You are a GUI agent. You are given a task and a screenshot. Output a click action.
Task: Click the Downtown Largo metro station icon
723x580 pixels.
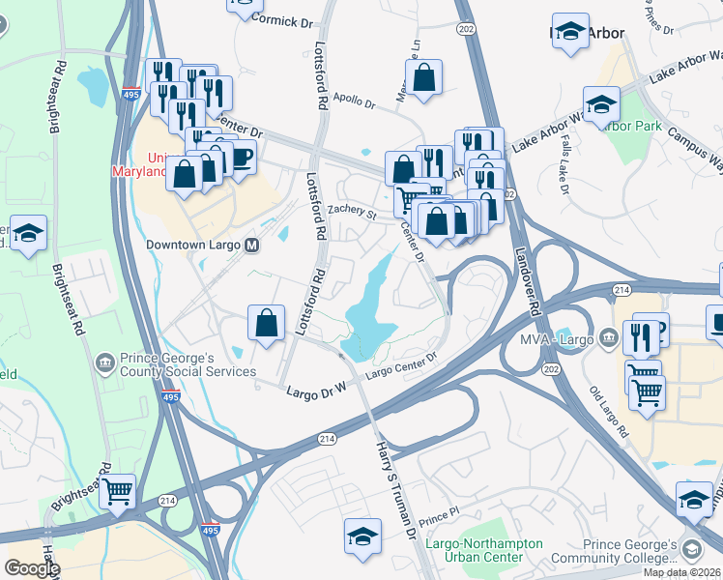252,245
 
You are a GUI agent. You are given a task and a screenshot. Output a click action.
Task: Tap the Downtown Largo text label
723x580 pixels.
194,245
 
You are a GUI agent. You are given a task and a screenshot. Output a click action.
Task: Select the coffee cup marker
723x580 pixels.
240,158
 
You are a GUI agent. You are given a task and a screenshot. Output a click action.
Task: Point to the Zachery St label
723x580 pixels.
350,211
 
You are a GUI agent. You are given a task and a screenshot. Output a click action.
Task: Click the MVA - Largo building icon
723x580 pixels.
607,338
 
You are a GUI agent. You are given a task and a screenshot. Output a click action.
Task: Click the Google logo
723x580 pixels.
32,567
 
